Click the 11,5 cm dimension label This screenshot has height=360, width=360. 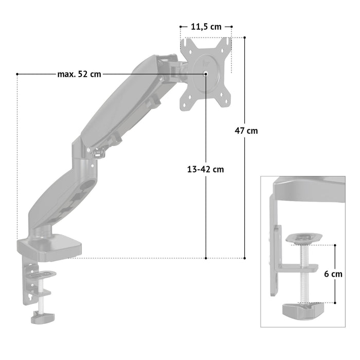(206, 27)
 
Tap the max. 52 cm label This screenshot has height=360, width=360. (79, 74)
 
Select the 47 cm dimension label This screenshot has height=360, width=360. (246, 131)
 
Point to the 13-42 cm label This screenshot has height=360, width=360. (206, 169)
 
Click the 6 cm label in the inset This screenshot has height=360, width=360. (333, 274)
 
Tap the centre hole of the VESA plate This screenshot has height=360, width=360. (206, 74)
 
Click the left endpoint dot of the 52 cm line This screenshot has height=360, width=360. (17, 74)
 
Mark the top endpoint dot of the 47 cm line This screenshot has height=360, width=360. (244, 38)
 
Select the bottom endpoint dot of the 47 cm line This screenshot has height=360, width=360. (244, 258)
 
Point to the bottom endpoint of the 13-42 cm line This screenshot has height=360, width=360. (206, 258)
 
